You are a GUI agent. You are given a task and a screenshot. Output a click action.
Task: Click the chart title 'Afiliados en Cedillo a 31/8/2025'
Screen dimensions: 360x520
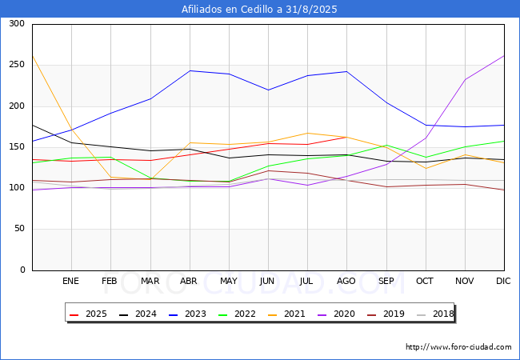(x=259, y=10)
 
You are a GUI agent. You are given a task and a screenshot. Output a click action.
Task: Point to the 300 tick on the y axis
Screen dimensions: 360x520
(x=16, y=24)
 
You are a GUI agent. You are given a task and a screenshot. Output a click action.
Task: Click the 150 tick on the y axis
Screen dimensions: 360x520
(x=16, y=147)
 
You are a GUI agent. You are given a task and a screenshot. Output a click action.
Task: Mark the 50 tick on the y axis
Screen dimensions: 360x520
(x=18, y=230)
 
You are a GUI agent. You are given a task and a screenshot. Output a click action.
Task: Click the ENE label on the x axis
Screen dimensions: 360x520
(x=71, y=281)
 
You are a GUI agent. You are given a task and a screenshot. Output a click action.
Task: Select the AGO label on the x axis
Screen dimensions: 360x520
(x=346, y=281)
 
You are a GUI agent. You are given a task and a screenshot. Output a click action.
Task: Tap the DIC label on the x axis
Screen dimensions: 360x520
(x=503, y=281)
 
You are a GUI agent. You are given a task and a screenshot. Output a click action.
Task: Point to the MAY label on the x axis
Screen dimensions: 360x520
(x=229, y=281)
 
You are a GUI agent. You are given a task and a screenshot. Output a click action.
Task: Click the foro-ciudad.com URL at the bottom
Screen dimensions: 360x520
(x=458, y=347)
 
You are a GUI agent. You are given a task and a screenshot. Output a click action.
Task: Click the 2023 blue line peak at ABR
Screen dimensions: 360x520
(x=190, y=70)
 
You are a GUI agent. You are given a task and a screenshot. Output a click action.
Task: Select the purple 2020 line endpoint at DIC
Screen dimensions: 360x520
(x=504, y=55)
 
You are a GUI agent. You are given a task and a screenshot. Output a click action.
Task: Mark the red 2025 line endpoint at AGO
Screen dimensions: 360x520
(x=346, y=137)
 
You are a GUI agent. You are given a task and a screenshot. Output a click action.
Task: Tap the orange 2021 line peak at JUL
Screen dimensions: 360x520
(x=307, y=133)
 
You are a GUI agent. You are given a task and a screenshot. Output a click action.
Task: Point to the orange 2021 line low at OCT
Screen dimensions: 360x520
(x=426, y=168)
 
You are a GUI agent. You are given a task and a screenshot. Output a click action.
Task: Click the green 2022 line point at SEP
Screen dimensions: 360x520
(x=386, y=146)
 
